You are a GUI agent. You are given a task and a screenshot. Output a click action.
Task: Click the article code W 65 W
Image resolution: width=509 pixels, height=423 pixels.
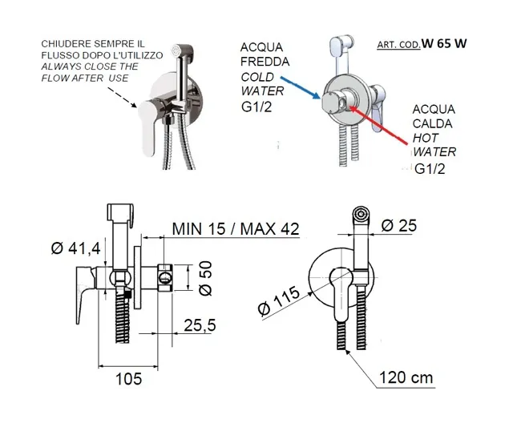tap(444, 43)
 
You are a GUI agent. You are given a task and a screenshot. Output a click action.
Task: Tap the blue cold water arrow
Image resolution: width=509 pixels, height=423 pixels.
tap(300, 87)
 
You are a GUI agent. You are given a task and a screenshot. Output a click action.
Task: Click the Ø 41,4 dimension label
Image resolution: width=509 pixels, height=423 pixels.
tap(76, 248)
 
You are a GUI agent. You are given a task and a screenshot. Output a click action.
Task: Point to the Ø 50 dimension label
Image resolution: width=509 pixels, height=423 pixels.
tap(205, 278)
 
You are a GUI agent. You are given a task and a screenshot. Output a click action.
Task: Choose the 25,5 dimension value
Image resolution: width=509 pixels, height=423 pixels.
tap(200, 325)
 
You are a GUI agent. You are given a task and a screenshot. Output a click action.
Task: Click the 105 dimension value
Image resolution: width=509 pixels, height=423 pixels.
tap(128, 378)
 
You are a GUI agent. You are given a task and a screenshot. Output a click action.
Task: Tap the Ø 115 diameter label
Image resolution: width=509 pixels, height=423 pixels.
tap(278, 300)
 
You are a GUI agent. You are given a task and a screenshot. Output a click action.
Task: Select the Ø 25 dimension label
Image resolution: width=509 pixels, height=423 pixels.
tap(399, 225)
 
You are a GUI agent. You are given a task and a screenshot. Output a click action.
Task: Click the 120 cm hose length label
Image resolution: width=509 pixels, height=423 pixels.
tap(406, 377)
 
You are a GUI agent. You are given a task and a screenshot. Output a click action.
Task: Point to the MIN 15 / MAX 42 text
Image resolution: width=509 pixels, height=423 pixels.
tap(236, 228)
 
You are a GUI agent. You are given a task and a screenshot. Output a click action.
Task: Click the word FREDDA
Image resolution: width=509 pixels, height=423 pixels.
tap(265, 62)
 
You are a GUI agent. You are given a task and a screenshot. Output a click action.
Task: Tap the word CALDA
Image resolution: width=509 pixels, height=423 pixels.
tap(432, 123)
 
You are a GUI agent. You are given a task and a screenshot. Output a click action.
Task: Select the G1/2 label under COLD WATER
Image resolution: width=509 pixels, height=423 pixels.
tap(257, 107)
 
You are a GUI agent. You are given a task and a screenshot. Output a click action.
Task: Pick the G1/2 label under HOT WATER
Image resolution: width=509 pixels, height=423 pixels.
tap(430, 169)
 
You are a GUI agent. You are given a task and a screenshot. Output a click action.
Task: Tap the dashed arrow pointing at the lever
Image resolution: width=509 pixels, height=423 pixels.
tap(122, 97)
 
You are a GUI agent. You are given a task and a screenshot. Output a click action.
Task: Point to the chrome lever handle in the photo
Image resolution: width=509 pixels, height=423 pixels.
tap(148, 126)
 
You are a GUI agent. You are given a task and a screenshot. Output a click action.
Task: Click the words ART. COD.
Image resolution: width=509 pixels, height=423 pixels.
tap(398, 45)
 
